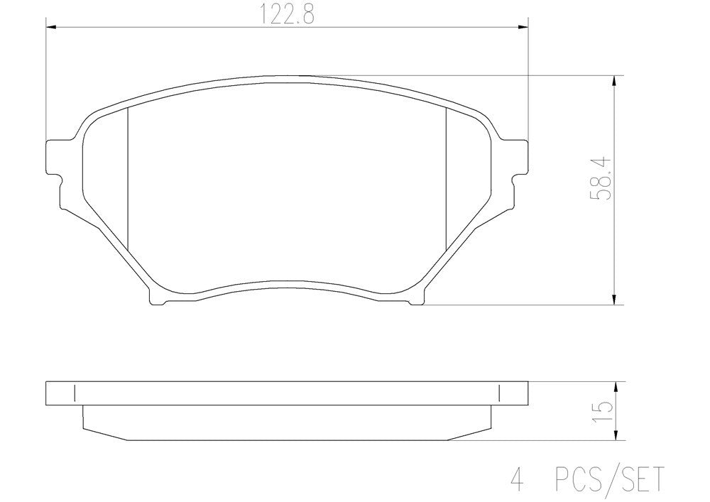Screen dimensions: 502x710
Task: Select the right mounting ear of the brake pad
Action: tap(520, 155)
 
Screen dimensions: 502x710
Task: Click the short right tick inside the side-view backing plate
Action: tap(500, 393)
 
